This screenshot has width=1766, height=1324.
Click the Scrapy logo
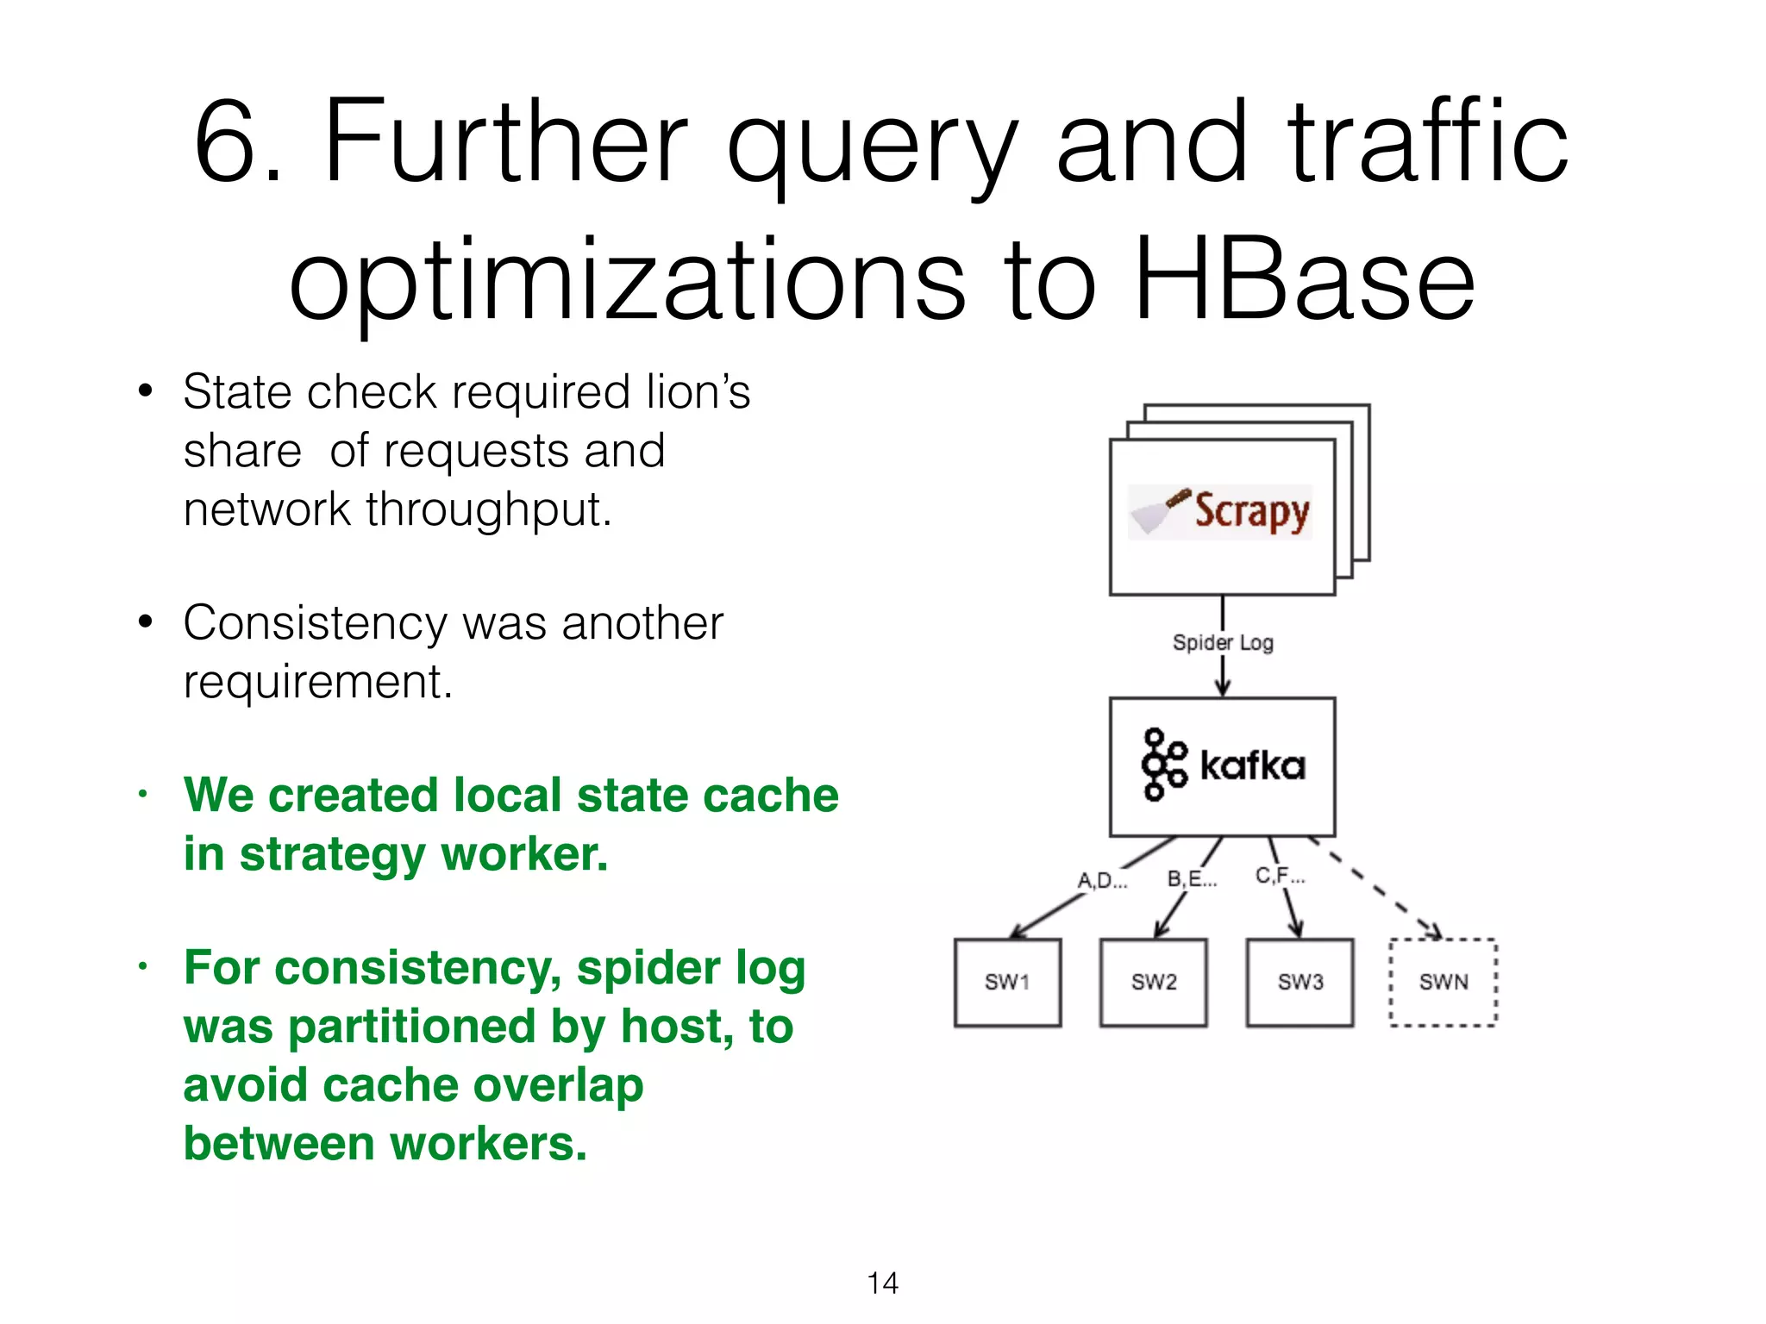pos(1221,511)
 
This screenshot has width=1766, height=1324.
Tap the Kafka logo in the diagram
pos(1223,765)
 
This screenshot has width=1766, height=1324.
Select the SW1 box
pos(1007,982)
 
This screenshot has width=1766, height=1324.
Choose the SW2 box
pos(1154,982)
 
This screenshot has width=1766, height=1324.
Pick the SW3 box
pos(1299,982)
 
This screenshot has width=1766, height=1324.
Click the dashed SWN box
pos(1443,982)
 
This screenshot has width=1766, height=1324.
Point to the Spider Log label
pos(1223,643)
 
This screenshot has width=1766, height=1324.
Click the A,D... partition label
pos(1102,881)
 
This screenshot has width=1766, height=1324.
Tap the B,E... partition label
pos(1192,879)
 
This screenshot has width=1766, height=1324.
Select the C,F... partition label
pos(1281,876)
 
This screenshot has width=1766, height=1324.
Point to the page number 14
pos(882,1283)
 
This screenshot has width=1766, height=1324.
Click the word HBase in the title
pos(1304,280)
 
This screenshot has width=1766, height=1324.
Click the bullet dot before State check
pos(146,391)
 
